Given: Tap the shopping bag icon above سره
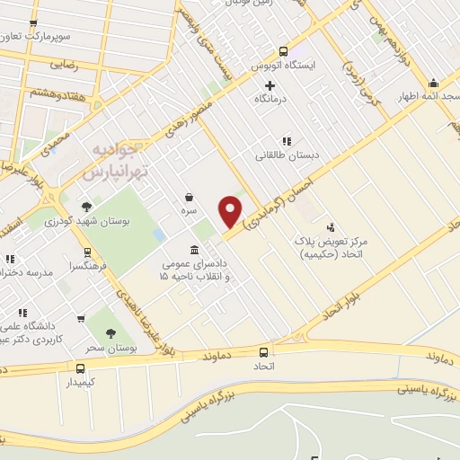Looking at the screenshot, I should (x=189, y=197).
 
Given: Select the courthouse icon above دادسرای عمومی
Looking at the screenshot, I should (x=195, y=250).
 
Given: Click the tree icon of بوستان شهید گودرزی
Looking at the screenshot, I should (x=87, y=206).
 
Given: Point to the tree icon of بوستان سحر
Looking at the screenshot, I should (x=111, y=333).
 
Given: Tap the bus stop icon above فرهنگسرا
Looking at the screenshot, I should (x=87, y=252).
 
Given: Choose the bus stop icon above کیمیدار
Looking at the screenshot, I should (x=81, y=368).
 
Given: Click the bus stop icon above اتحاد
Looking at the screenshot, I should (x=263, y=352).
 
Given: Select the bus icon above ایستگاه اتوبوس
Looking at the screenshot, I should (x=284, y=51).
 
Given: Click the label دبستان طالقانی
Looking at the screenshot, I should (x=282, y=155).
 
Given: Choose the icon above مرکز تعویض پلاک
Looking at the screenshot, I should (x=330, y=227).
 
